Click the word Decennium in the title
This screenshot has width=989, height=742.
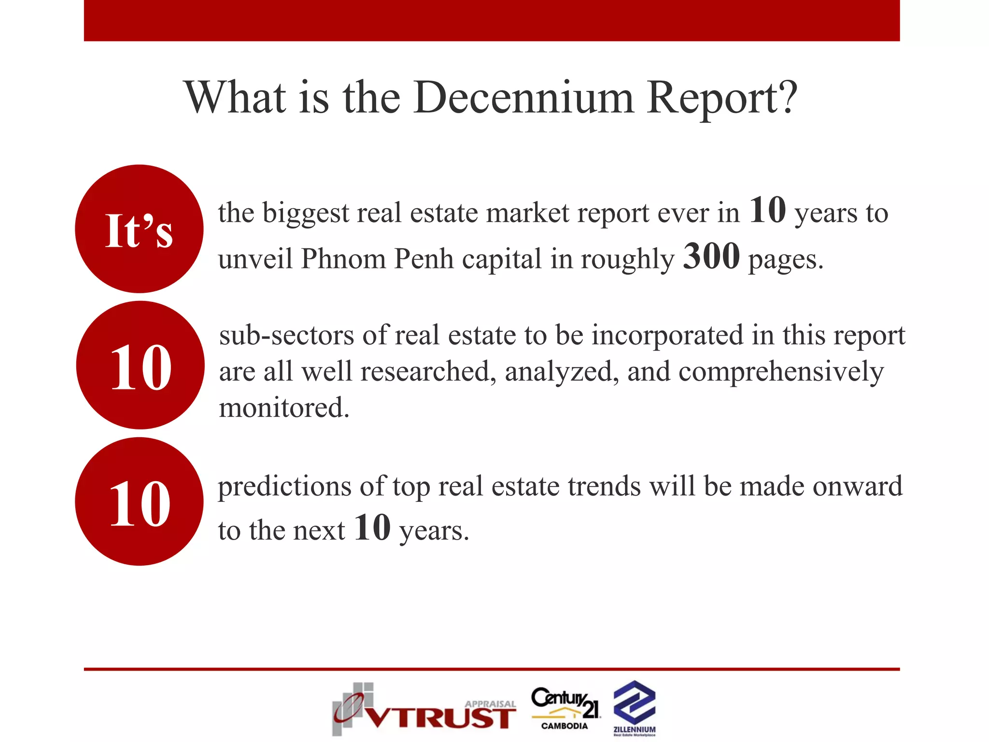click(x=523, y=98)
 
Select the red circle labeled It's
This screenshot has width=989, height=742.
click(x=139, y=229)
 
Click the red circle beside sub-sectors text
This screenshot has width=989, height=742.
click(x=140, y=365)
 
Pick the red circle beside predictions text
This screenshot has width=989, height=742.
click(x=139, y=501)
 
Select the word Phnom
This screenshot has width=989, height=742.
click(x=343, y=259)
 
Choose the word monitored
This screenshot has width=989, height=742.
click(x=284, y=408)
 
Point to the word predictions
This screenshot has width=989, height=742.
click(x=284, y=487)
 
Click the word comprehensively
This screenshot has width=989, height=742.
click(x=781, y=372)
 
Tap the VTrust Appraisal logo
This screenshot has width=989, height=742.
click(x=424, y=709)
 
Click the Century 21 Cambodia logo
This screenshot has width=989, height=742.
click(x=565, y=708)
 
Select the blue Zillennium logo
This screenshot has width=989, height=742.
click(x=634, y=707)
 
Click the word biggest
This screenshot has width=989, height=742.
click(x=305, y=214)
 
